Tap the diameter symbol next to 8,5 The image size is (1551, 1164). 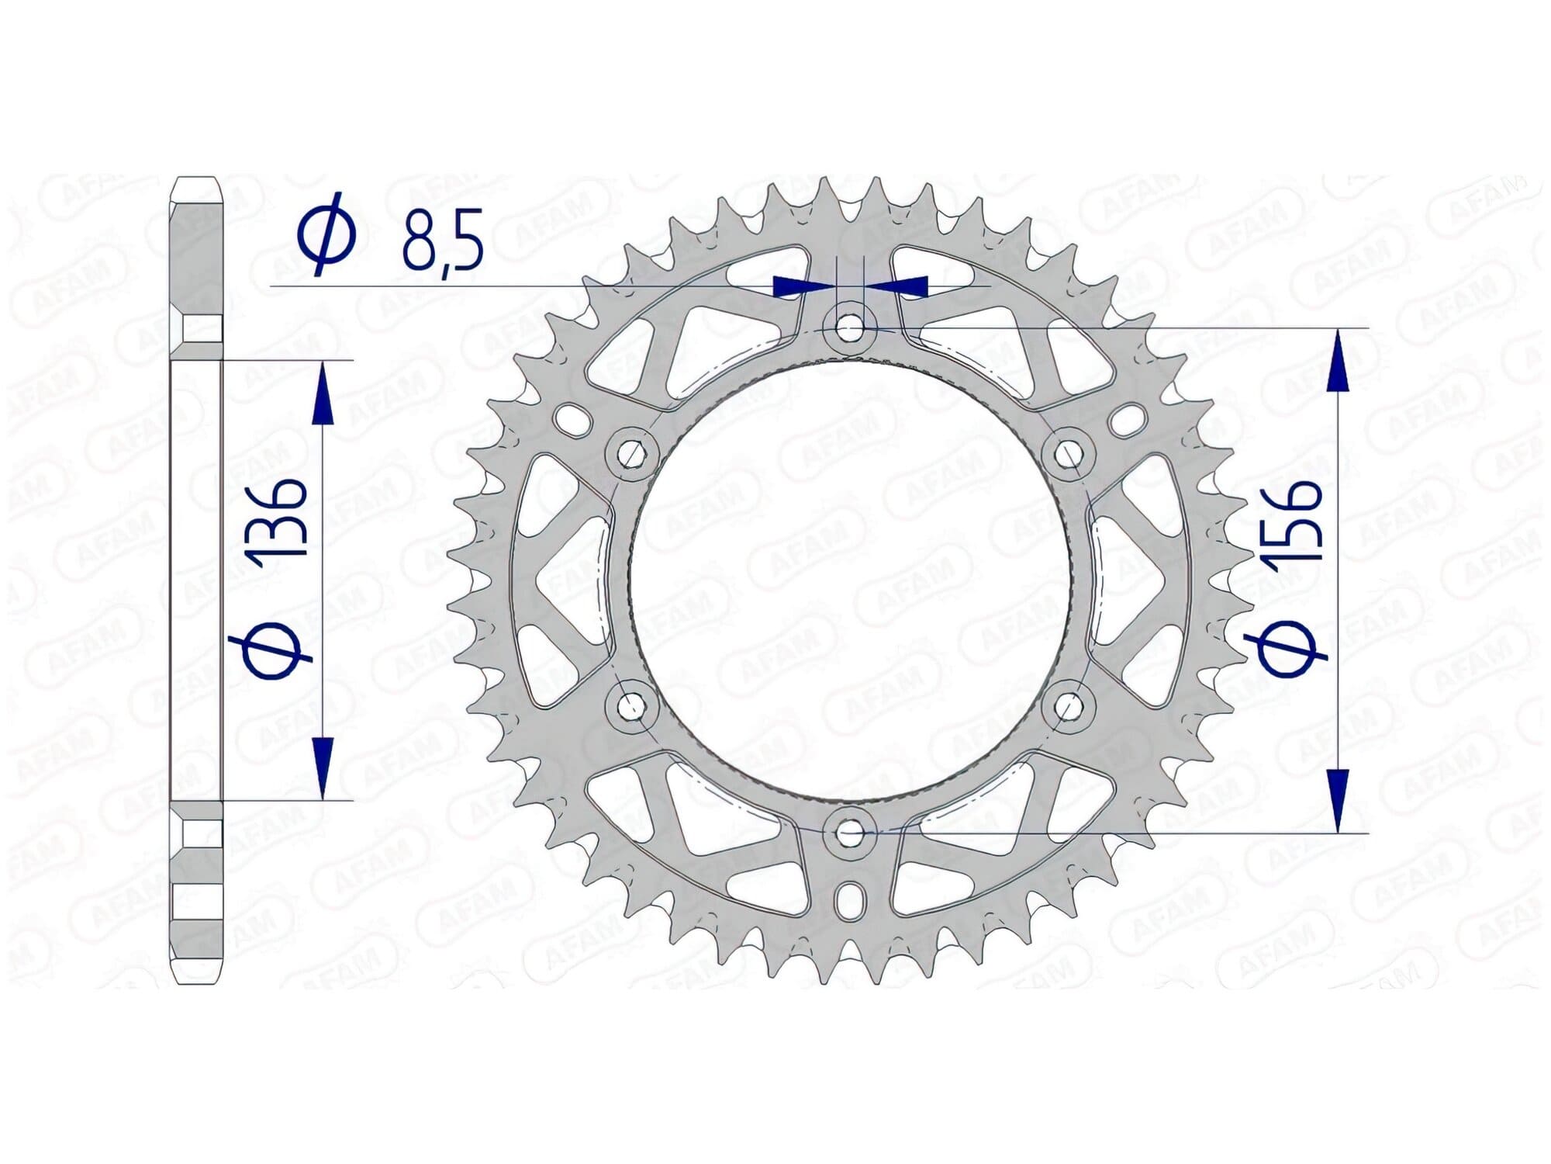click(x=327, y=231)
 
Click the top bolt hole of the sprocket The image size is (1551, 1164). click(x=851, y=328)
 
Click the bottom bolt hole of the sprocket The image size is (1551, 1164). click(x=851, y=833)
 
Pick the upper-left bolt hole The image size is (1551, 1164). click(x=632, y=454)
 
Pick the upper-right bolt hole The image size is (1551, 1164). click(x=1069, y=454)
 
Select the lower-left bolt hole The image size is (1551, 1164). click(x=632, y=706)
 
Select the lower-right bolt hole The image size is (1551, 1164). click(x=1069, y=706)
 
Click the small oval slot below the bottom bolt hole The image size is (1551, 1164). click(x=851, y=900)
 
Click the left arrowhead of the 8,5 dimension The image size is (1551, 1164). click(x=799, y=286)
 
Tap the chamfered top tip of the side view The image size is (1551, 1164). click(x=196, y=186)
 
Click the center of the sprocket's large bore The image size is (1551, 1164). click(x=851, y=580)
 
